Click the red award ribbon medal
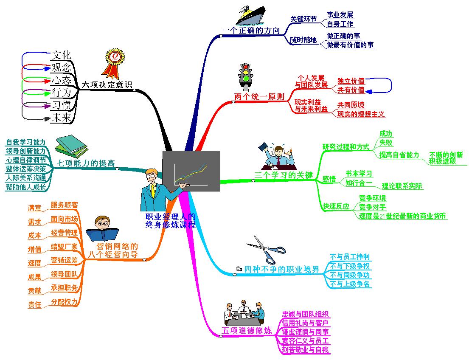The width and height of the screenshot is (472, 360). click(x=114, y=63)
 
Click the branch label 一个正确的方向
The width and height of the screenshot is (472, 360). click(x=251, y=31)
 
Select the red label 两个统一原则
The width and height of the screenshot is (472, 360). click(x=259, y=96)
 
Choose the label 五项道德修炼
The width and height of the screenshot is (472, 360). click(x=247, y=331)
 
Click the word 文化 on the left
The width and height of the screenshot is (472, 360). click(x=61, y=55)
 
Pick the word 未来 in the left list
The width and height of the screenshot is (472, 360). click(x=61, y=118)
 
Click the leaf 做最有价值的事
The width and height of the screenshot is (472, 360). click(x=350, y=45)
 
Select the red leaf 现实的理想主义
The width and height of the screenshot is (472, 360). click(x=361, y=114)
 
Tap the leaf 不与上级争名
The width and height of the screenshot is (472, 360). click(x=350, y=284)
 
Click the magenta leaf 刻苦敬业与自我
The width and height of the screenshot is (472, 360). click(x=306, y=350)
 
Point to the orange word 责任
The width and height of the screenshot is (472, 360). click(x=35, y=305)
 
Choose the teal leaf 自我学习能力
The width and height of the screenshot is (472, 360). click(x=25, y=142)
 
